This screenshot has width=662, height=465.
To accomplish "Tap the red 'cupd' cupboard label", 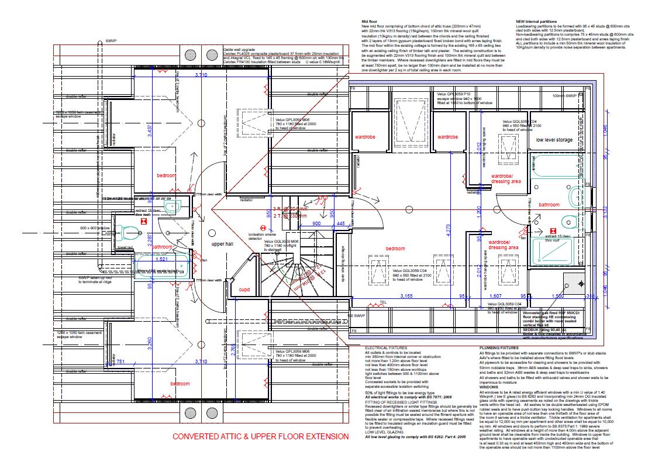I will click(x=244, y=290).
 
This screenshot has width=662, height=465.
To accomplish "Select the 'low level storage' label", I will click(x=554, y=140).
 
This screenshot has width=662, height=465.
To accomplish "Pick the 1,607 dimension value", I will click(x=495, y=297).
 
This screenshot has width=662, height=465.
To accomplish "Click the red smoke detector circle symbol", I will click(x=263, y=228).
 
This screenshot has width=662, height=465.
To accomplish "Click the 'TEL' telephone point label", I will click(x=384, y=302).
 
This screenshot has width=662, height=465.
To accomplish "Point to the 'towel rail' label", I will click(x=125, y=248).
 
